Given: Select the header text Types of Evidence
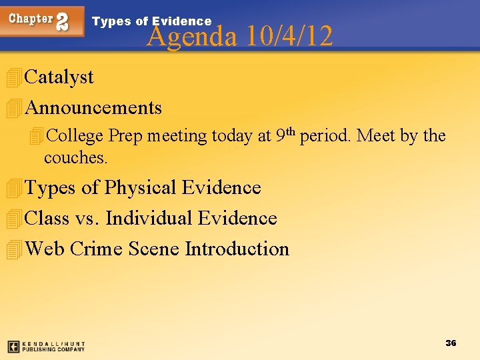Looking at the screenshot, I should coord(151,21).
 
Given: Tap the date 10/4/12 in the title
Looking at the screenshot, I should coord(289,36).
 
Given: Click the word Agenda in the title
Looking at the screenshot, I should coord(191,36).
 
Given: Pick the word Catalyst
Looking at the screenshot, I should coord(59,77).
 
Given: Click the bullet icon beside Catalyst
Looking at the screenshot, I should coord(12,77).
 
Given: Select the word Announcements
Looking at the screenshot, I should coord(93,108).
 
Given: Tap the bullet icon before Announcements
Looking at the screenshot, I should coord(12,108).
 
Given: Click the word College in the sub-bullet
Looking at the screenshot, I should coord(75,136).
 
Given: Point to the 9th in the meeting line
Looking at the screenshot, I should coord(285,135).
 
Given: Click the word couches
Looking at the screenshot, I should coord(75,159).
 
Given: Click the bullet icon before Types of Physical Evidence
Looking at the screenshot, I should coord(12,188).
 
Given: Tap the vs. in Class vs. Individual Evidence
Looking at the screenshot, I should coord(87,219).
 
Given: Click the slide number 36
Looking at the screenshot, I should coord(451,343).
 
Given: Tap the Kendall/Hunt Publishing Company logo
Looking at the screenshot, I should coord(46,347).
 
